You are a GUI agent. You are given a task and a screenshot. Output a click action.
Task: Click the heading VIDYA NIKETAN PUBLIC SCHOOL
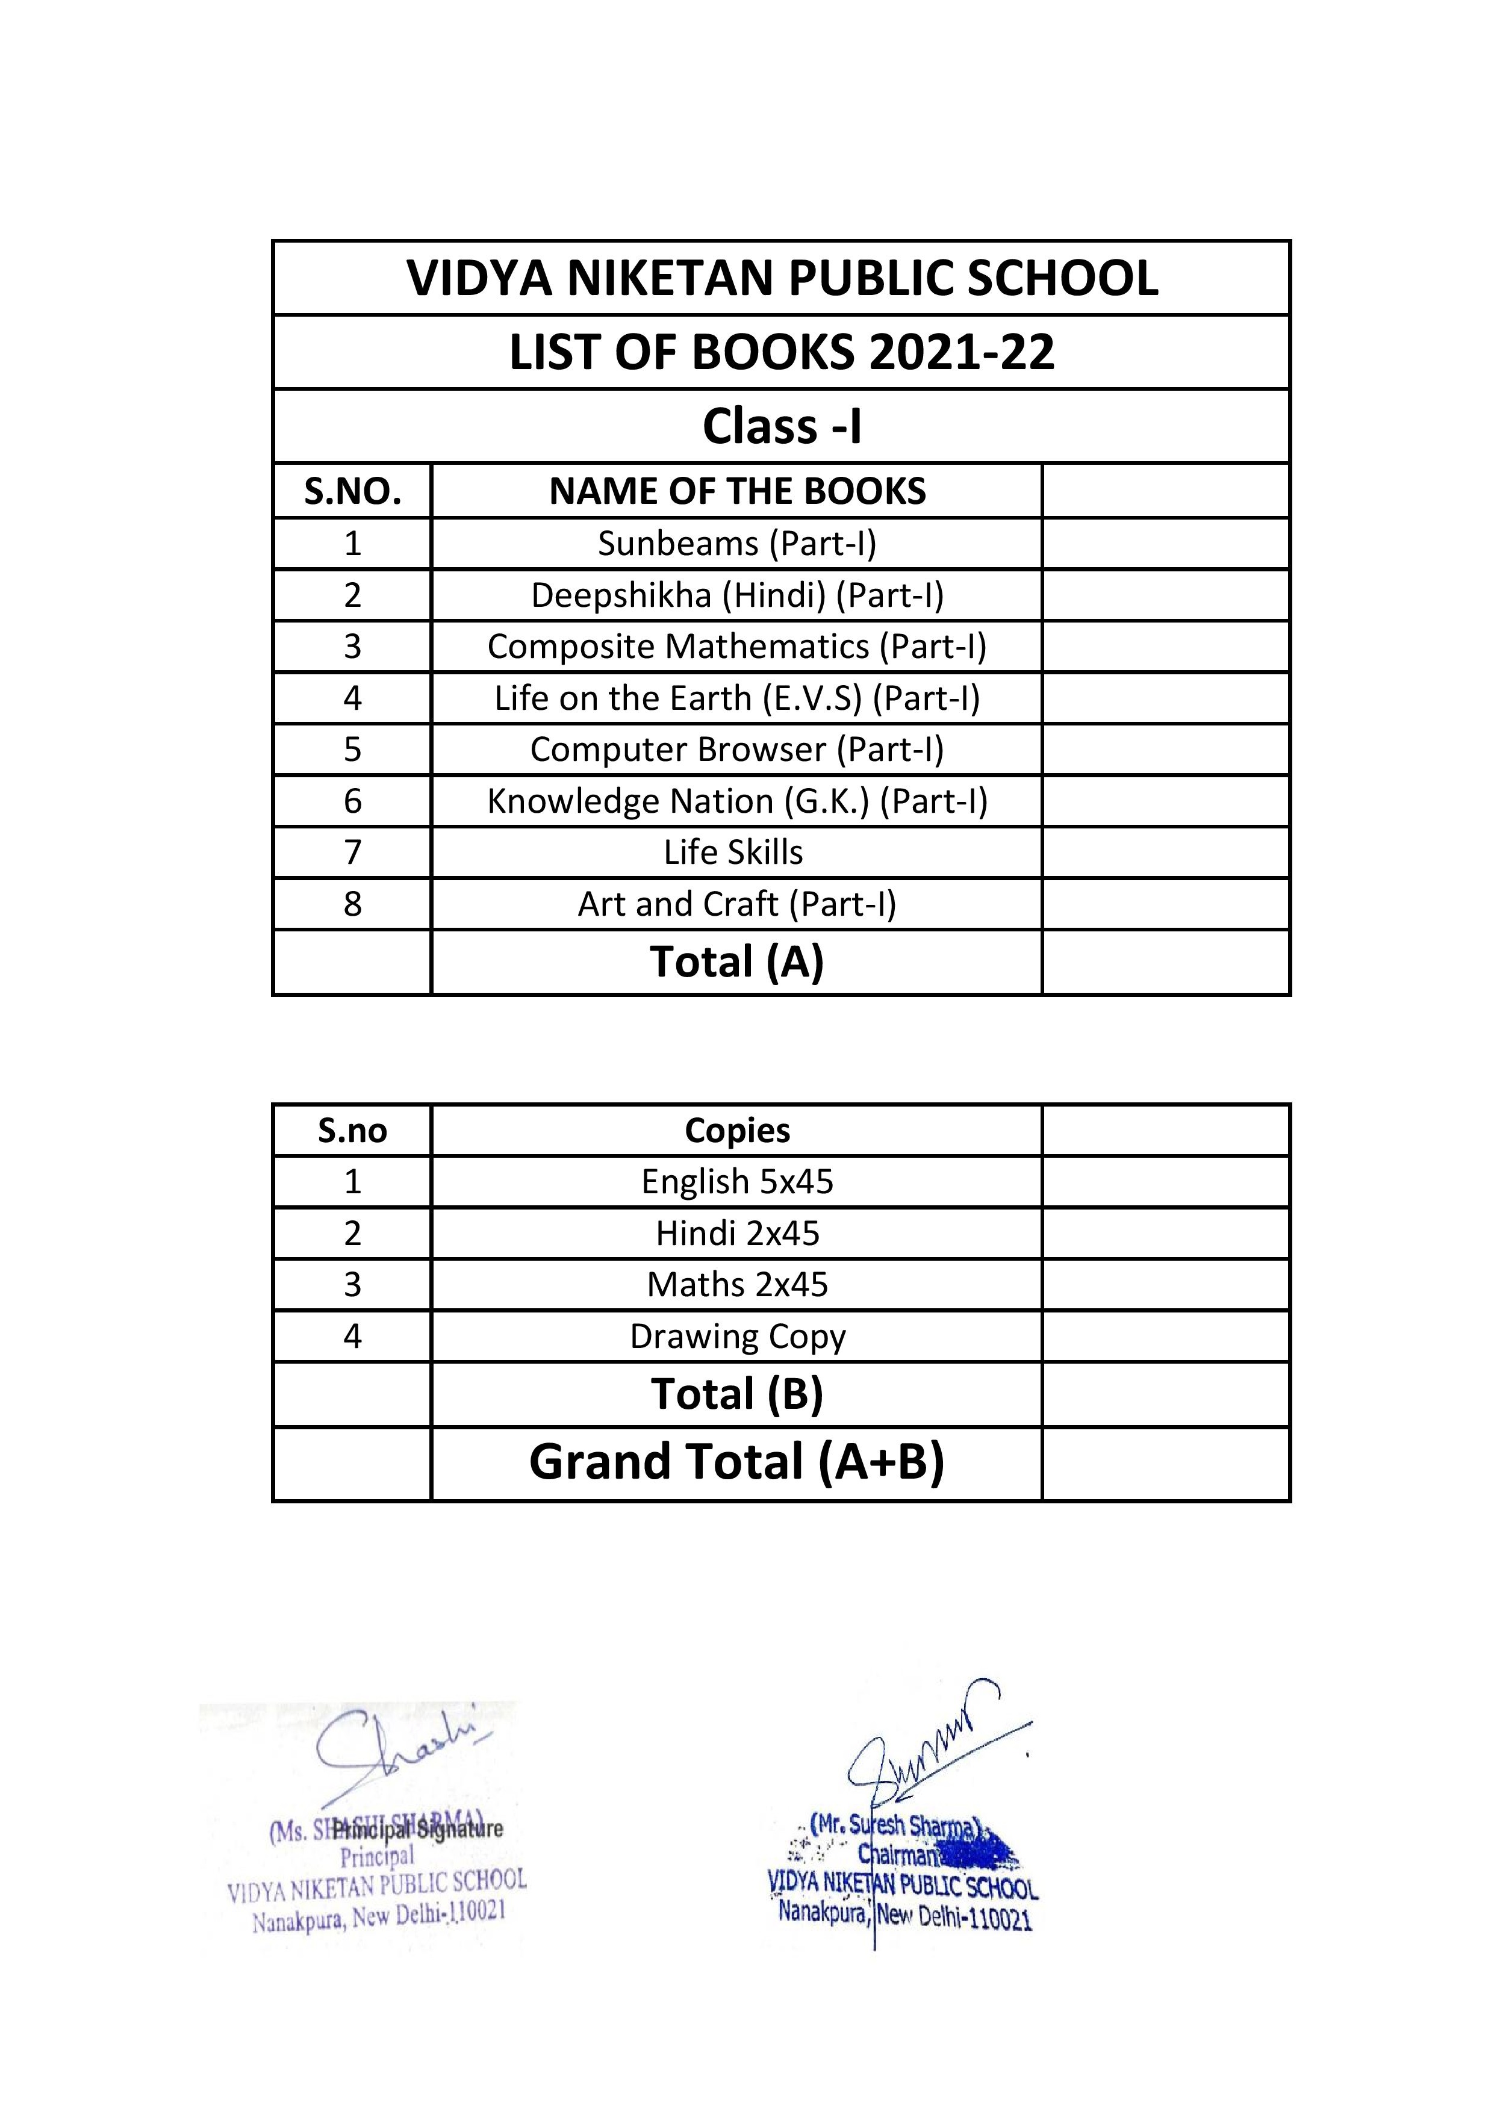(x=782, y=278)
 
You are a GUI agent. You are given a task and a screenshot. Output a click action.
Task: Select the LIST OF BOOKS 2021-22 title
(x=782, y=352)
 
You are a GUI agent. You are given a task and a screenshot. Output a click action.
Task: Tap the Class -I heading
(x=782, y=426)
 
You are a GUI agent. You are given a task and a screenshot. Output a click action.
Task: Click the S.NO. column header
(x=352, y=491)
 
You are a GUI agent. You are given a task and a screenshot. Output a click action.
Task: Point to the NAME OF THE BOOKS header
(x=737, y=491)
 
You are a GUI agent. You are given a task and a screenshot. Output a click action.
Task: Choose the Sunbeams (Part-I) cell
(x=737, y=544)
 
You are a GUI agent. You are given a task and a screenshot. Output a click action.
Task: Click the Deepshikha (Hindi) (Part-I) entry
(x=737, y=595)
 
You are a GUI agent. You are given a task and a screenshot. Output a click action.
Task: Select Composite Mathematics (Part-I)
(x=737, y=647)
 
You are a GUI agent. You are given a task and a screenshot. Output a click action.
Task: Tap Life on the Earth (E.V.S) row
(x=737, y=698)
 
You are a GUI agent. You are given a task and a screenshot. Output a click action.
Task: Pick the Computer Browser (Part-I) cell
(x=737, y=750)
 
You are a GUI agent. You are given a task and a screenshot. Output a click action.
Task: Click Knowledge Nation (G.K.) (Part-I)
(x=737, y=801)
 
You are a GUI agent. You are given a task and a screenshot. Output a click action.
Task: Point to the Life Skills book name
(x=733, y=853)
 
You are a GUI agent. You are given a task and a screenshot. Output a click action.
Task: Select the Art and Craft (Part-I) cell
(x=737, y=904)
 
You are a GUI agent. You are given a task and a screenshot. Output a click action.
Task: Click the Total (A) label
(x=737, y=962)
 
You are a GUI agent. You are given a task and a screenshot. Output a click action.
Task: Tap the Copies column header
(x=737, y=1131)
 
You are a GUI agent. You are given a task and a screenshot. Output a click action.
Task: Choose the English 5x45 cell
(x=737, y=1182)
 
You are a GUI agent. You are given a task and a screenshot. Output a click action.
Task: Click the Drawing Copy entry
(x=737, y=1337)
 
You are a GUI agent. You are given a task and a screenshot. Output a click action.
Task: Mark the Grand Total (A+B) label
(x=737, y=1462)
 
